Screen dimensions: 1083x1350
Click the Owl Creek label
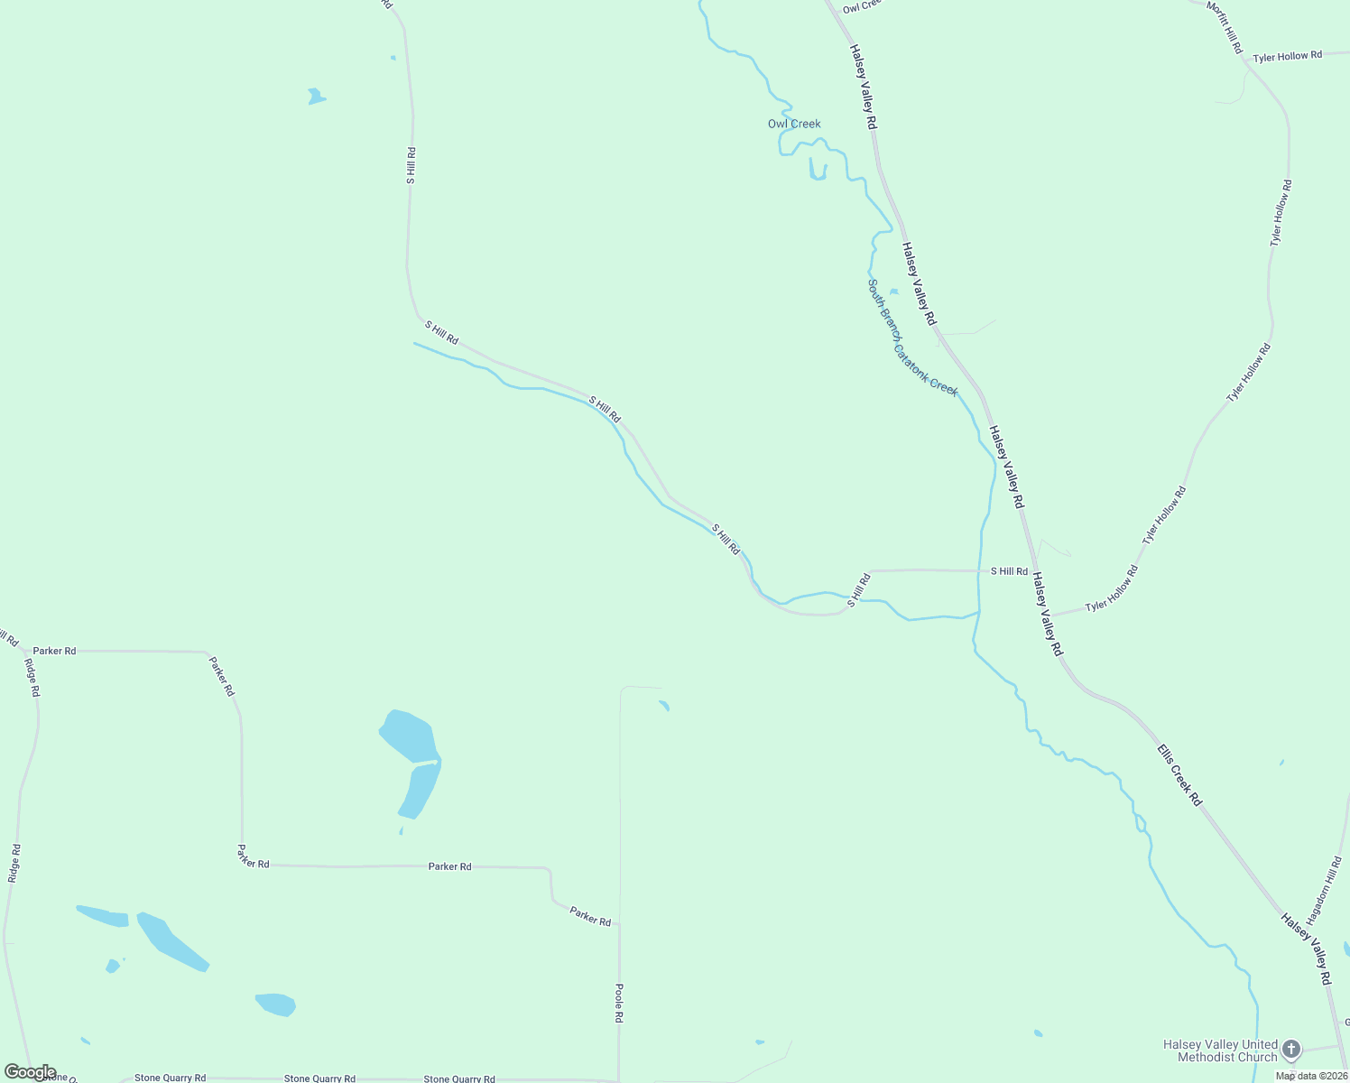pos(794,124)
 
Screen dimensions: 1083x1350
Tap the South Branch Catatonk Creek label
pos(911,338)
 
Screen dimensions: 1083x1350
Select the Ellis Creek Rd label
pos(1179,774)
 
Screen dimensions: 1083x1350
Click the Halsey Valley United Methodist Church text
pos(1220,1051)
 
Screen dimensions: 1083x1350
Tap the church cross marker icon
pos(1291,1049)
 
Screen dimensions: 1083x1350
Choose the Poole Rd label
pos(619,1003)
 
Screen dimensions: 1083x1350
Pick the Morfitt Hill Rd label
pos(1225,26)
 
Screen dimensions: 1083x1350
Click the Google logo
pos(30,1072)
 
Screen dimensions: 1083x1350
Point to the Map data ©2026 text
pos(1311,1076)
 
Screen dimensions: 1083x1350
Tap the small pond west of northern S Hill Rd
pos(315,96)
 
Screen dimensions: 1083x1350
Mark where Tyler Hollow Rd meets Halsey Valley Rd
pos(1050,616)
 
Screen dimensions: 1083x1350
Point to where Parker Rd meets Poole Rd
pos(619,924)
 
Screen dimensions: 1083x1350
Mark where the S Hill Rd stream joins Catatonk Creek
pos(979,612)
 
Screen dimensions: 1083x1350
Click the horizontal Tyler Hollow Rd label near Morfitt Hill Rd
pos(1287,56)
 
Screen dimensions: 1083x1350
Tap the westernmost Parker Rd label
pos(54,651)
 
